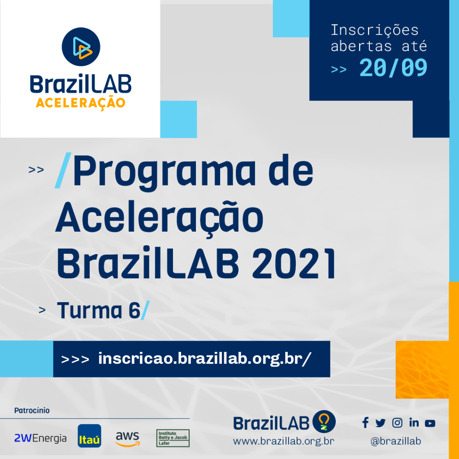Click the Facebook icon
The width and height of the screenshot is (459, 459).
(x=365, y=423)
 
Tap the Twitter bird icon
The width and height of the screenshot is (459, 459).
(x=380, y=423)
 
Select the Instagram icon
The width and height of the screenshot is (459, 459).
(x=397, y=423)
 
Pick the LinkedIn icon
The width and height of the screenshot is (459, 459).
(x=414, y=423)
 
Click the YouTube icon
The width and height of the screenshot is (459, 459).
(x=430, y=423)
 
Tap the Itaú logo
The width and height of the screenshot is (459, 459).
(x=89, y=436)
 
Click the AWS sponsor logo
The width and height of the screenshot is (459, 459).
(x=128, y=439)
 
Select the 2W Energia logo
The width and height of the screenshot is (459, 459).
(x=40, y=438)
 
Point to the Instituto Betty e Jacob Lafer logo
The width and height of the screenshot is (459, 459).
(x=173, y=438)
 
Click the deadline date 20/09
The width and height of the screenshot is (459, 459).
(x=393, y=68)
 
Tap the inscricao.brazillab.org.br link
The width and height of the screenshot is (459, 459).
(x=204, y=359)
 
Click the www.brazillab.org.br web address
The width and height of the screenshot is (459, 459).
(x=283, y=441)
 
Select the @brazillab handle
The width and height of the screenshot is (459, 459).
(x=396, y=441)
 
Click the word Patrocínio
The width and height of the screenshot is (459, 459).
(x=32, y=411)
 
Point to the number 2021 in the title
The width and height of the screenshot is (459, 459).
(x=294, y=264)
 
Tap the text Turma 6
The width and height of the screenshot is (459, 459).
(x=99, y=310)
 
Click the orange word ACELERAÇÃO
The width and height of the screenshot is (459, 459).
(x=81, y=104)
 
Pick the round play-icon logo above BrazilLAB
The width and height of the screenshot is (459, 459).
(x=81, y=47)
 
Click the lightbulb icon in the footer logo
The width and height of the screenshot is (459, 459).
(x=324, y=421)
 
